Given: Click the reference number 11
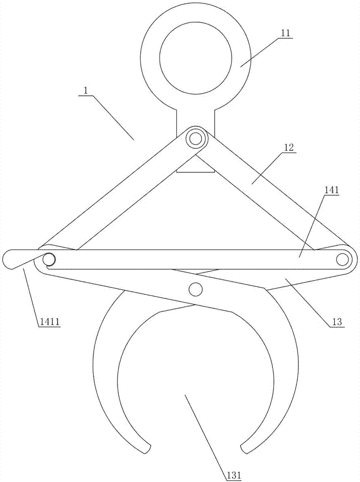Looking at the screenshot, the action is pos(285,33).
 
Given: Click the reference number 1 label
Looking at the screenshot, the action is pos(84,91).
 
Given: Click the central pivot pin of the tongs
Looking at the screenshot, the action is pos(196,289).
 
